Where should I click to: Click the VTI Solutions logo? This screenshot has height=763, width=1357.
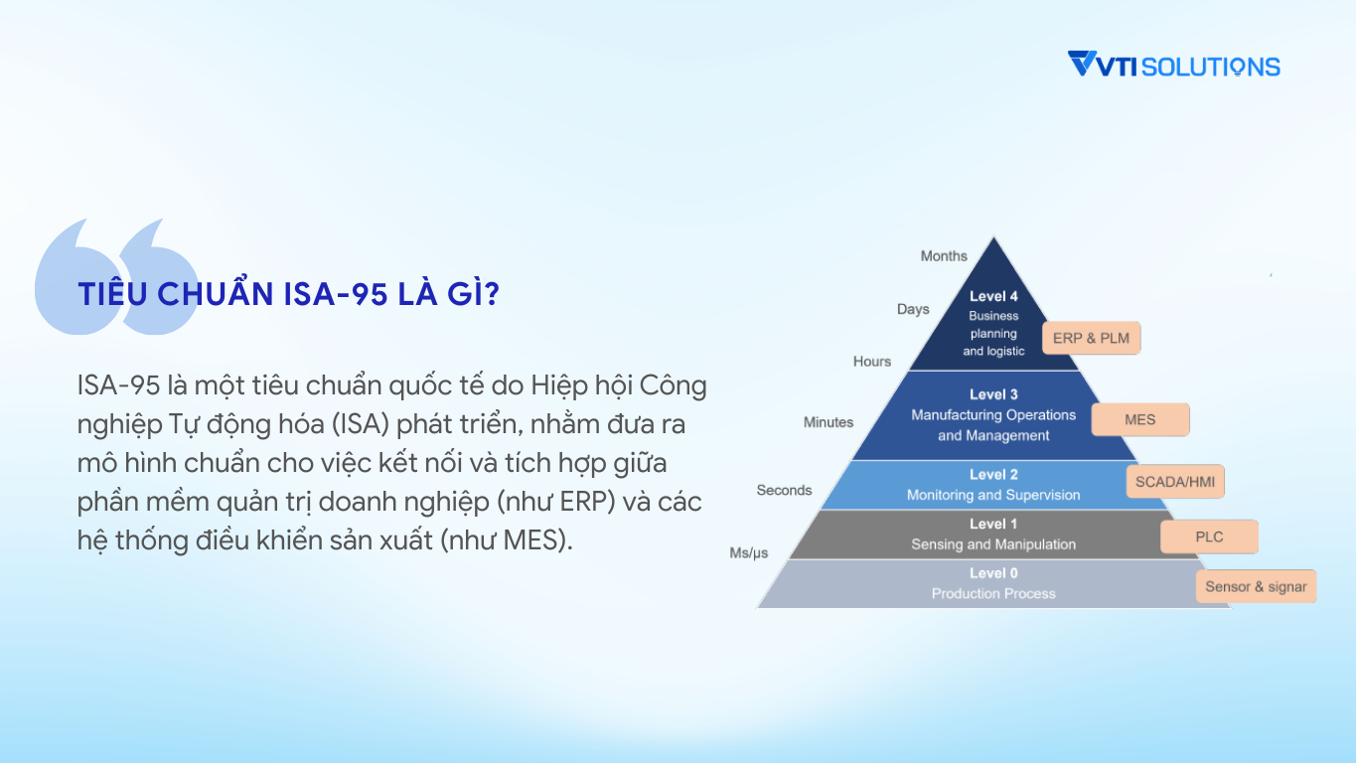point(1173,65)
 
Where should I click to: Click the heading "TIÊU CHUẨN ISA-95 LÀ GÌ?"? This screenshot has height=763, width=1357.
point(288,294)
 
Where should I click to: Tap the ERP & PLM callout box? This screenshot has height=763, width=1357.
point(1091,338)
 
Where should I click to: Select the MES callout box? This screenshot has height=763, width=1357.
point(1140,419)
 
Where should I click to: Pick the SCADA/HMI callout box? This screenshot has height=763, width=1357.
point(1175,482)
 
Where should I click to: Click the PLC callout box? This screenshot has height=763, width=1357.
point(1209,536)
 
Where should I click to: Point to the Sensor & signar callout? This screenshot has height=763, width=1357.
point(1256,586)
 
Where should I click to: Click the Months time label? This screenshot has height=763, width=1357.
point(944,256)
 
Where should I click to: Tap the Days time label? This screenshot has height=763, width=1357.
point(913,310)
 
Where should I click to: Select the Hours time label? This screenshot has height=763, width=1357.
point(872,362)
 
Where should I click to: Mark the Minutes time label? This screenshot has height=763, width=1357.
point(829,422)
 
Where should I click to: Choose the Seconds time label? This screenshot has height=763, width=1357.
point(784,490)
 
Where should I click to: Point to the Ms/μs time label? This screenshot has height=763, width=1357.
point(749,552)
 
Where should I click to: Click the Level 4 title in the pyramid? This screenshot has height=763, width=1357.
point(993,296)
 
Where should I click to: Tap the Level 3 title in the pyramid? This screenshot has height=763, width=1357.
point(993,394)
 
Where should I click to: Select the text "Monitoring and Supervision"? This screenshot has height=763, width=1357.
point(993,495)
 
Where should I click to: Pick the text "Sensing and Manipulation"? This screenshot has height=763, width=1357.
point(993,544)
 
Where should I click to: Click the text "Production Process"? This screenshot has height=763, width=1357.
point(993,593)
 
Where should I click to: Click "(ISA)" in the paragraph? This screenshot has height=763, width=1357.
point(361,424)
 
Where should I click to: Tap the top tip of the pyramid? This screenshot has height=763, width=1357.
point(993,236)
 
